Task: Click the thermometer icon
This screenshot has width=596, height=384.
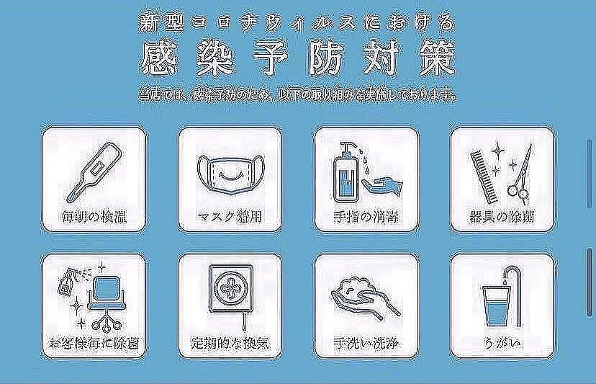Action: tap(94, 171)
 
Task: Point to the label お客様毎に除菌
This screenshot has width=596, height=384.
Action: tap(94, 342)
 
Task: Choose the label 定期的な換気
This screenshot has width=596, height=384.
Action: tap(228, 342)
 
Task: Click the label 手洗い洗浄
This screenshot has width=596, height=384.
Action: tap(365, 342)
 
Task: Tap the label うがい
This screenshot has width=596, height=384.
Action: tap(501, 342)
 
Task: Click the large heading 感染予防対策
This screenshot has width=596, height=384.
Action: tap(299, 60)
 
